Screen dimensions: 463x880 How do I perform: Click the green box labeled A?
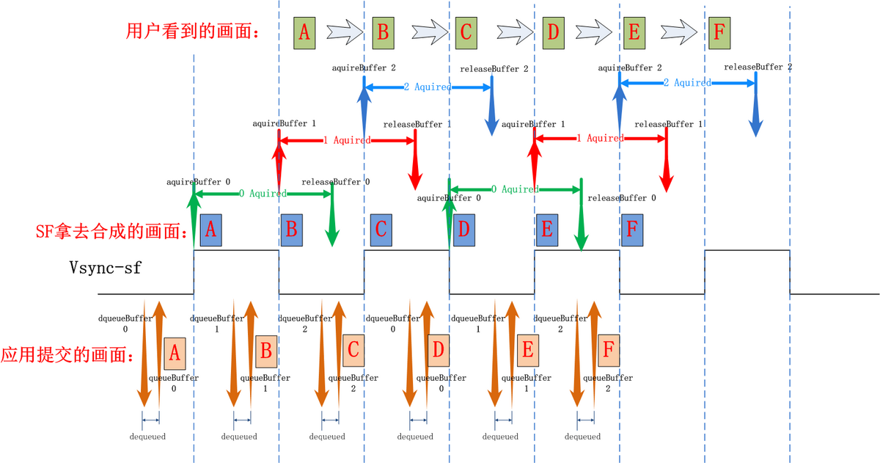tap(305, 33)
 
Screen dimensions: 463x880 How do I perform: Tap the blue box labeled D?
tap(463, 230)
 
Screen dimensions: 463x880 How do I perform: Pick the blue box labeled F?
tap(633, 230)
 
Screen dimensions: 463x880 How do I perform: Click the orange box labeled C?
tap(353, 353)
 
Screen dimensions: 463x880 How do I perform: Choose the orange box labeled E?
tap(527, 353)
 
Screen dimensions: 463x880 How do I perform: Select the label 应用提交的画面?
tap(67, 355)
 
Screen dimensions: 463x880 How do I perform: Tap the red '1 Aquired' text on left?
tap(347, 139)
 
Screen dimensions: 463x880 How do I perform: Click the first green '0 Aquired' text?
tap(263, 194)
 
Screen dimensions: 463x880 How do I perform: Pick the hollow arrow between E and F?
tap(678, 32)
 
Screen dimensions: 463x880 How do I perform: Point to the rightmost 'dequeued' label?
tap(583, 437)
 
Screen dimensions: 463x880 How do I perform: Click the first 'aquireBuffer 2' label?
tap(364, 68)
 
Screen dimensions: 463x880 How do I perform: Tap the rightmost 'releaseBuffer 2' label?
tap(758, 67)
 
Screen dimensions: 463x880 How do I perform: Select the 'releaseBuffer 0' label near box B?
tap(335, 181)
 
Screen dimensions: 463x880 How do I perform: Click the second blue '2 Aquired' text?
tap(687, 83)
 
